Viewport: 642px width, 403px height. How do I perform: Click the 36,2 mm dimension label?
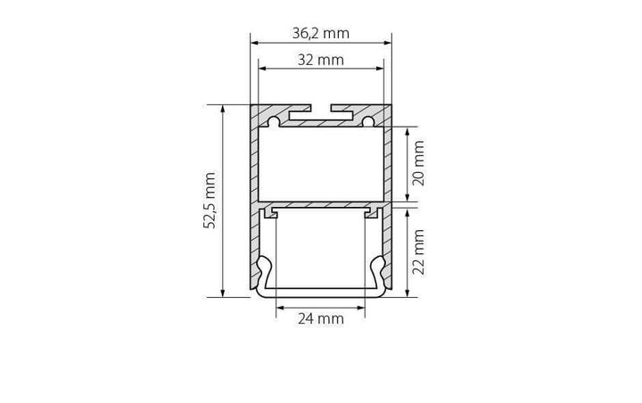(x=320, y=34)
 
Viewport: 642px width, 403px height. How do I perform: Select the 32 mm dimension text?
(x=319, y=61)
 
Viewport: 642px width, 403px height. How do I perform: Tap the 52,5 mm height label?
(x=211, y=200)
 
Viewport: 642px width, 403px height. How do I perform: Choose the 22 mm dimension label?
(x=417, y=251)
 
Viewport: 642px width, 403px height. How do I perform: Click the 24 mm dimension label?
(x=320, y=318)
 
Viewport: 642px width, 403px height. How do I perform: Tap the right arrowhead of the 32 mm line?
(x=379, y=68)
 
